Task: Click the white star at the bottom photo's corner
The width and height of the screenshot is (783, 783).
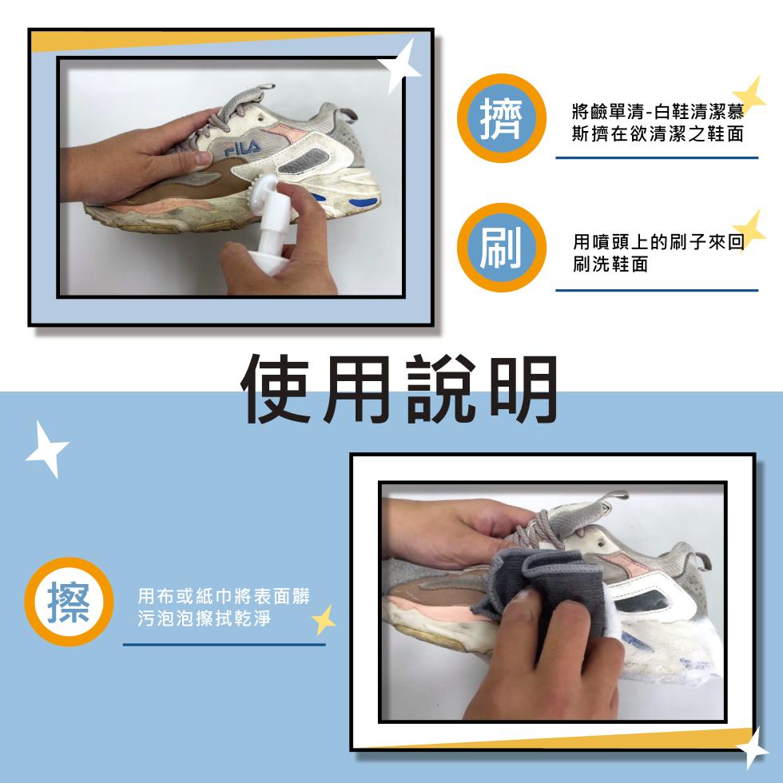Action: coord(751,747)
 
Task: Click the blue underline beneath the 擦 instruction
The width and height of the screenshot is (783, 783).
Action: coord(224,644)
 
